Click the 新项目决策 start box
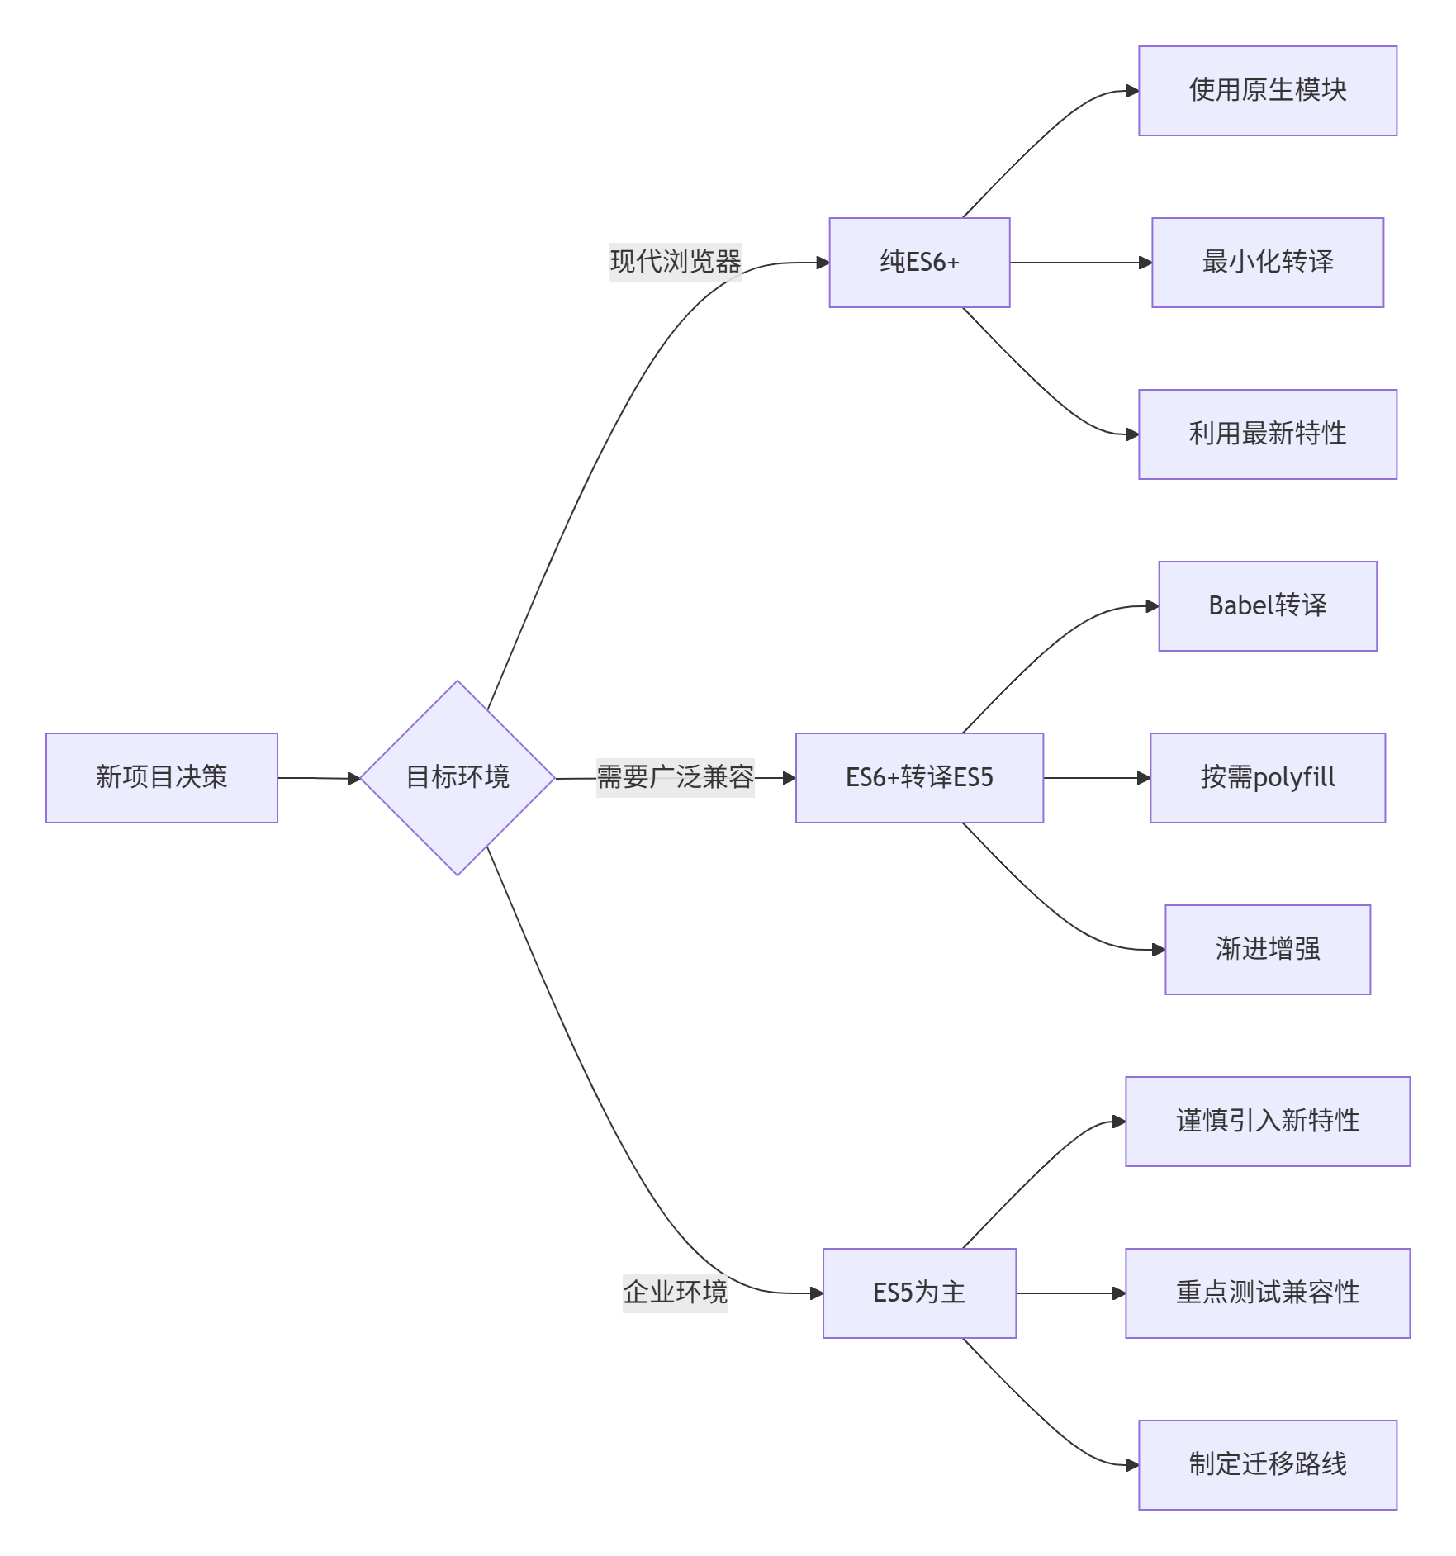(161, 777)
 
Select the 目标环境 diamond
(457, 777)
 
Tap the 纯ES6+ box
(919, 263)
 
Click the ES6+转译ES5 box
(919, 777)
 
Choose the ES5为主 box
(919, 1293)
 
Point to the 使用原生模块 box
(1267, 91)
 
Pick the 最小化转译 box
(1267, 263)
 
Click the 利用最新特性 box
(1267, 434)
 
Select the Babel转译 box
(1267, 606)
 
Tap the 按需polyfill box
(1267, 777)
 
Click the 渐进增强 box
(1267, 949)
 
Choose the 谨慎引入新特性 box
(1267, 1121)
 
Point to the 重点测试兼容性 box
(1267, 1293)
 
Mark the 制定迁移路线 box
(1267, 1464)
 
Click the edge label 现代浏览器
(675, 263)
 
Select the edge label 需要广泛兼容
(675, 777)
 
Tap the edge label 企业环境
(675, 1293)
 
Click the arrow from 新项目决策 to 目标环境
(319, 778)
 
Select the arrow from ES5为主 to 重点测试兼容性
(1070, 1293)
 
